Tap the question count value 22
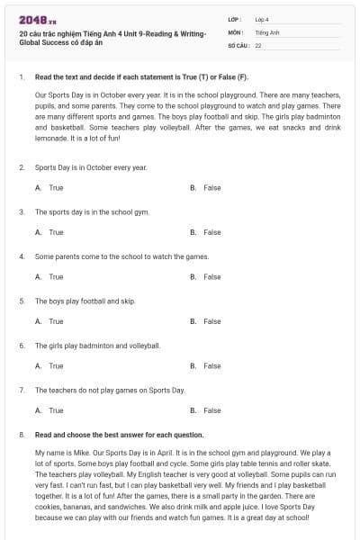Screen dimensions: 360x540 258,44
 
